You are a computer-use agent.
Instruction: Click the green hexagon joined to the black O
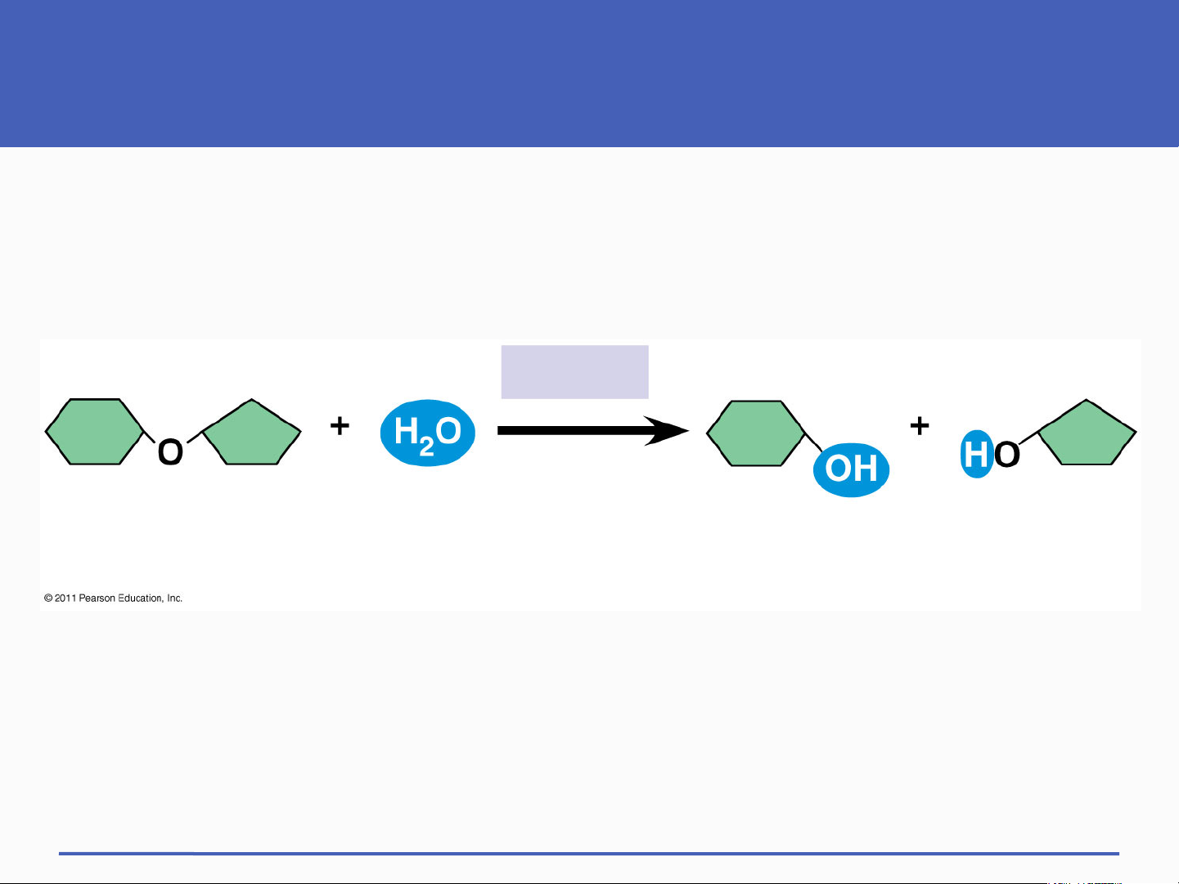click(95, 432)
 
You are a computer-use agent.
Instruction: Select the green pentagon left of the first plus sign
click(251, 433)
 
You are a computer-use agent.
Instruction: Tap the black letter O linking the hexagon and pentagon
click(170, 452)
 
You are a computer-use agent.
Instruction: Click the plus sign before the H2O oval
click(340, 426)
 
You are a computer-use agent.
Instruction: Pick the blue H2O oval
click(428, 433)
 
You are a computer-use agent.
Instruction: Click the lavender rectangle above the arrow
click(574, 372)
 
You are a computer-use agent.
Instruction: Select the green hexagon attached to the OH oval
click(756, 433)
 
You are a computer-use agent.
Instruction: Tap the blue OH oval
click(852, 469)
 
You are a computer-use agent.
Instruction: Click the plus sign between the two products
click(920, 426)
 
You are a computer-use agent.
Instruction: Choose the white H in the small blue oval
click(975, 454)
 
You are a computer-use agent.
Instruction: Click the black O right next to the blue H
click(1006, 455)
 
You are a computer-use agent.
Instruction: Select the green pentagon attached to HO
click(1087, 433)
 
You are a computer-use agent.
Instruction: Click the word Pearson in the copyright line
click(97, 599)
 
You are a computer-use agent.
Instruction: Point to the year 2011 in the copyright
click(65, 599)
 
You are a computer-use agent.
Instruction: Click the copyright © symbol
click(48, 599)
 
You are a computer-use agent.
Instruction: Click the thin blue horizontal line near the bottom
click(589, 854)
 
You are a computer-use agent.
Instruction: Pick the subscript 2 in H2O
click(426, 446)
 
